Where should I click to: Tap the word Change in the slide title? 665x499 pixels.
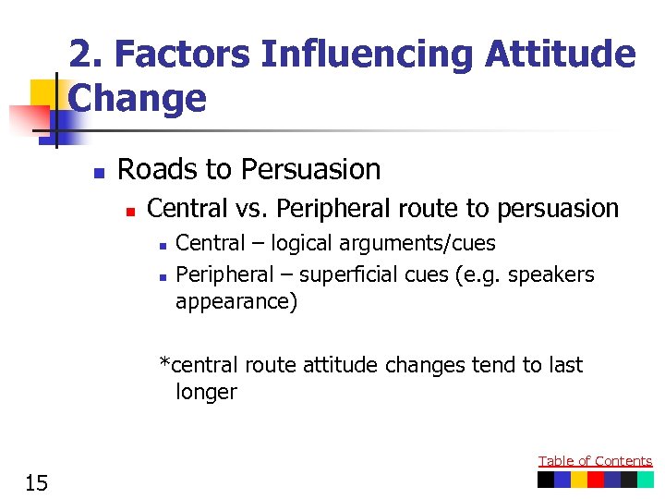138,98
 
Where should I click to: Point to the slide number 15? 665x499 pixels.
36,481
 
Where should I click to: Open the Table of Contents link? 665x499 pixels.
595,461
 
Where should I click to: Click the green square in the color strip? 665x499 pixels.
645,480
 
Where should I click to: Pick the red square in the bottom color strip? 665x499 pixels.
596,480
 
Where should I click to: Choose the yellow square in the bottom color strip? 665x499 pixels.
579,480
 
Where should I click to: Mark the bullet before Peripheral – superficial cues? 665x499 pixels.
161,276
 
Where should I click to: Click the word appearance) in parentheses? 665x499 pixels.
236,302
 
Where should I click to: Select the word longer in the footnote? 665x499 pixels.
206,392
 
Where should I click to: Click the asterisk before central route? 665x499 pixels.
164,363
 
